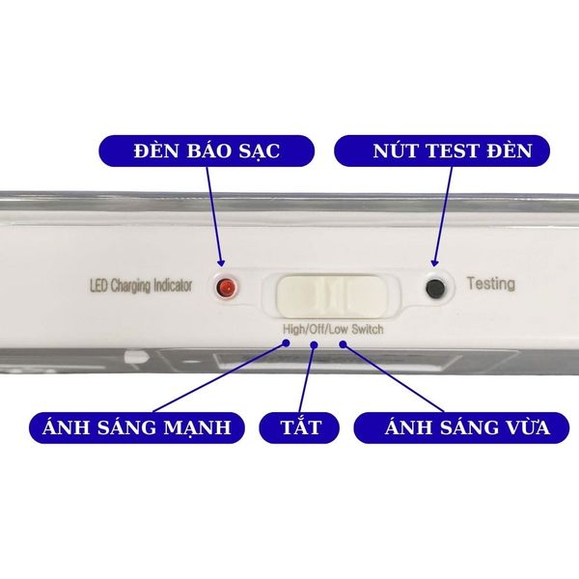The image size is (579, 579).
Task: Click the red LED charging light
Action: coord(226,288)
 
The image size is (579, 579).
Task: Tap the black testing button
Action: coord(435,288)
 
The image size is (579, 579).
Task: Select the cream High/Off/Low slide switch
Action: coord(332,296)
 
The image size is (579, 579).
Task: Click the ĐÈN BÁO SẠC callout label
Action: coord(207,151)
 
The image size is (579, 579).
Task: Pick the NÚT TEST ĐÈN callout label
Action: coord(442,151)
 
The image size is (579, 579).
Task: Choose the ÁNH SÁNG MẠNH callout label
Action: coord(137,427)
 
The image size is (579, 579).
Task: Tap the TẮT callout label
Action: coord(299,427)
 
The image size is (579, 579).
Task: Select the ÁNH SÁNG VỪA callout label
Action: coord(461,427)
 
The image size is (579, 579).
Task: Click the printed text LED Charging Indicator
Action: coord(141,287)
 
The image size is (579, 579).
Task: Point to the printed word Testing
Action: coord(491,284)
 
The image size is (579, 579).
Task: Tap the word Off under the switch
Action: coord(317,329)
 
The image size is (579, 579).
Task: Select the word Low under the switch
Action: coord(339,329)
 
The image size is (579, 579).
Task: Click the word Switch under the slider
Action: coord(368,329)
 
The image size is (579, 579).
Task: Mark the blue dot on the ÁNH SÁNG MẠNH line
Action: coord(286,343)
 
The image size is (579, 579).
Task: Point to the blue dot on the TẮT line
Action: coord(315,345)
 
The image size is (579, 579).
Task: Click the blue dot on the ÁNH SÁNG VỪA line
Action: coord(343,345)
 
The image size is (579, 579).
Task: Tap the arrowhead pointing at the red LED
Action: coord(221,262)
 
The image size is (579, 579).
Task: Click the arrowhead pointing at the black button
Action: coord(434,262)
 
